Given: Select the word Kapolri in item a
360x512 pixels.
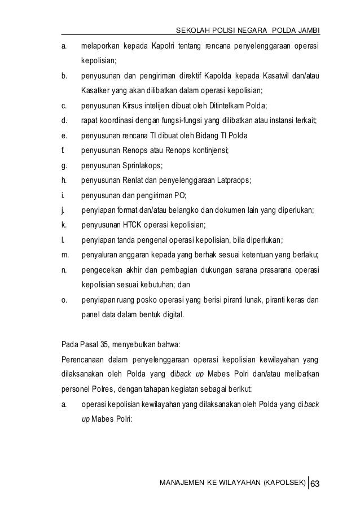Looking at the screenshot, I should point(164,45).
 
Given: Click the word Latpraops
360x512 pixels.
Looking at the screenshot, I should point(231,180).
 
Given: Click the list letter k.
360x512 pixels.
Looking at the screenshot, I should point(63,225).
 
